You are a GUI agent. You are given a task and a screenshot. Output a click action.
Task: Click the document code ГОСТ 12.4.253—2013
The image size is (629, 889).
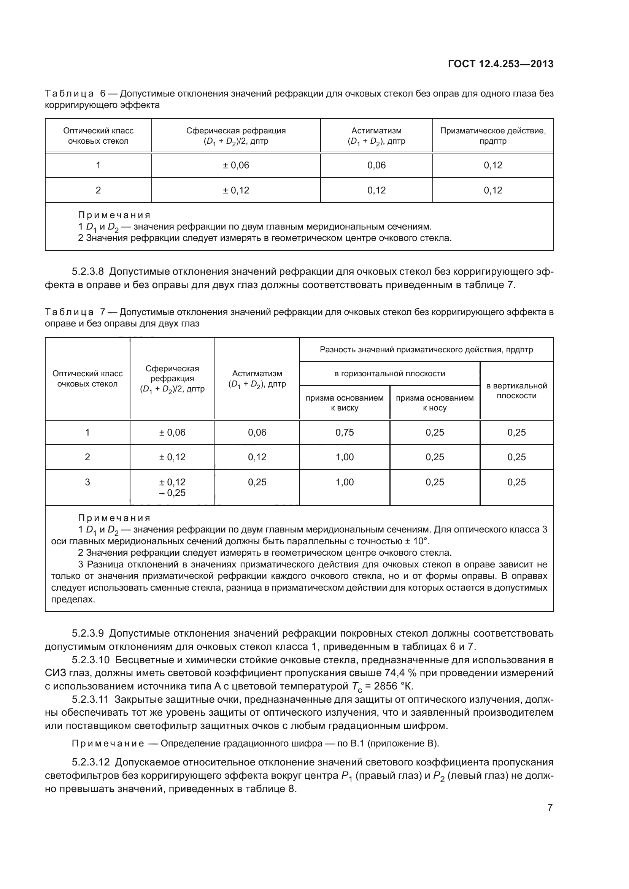tap(500, 64)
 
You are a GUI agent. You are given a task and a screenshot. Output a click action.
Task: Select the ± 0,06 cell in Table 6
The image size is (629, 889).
tap(236, 165)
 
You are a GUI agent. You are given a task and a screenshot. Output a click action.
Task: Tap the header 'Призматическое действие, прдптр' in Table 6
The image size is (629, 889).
tap(492, 136)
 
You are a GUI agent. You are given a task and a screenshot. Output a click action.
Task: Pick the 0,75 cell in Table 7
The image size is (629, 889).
tap(344, 433)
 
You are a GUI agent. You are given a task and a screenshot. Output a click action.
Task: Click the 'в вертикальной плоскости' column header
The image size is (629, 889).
tap(516, 390)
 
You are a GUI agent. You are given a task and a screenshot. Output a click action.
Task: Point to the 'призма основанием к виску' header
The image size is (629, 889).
tap(344, 403)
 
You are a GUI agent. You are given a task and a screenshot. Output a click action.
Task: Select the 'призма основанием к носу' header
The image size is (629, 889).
tap(435, 403)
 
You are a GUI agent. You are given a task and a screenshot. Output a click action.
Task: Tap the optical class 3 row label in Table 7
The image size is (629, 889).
tap(87, 482)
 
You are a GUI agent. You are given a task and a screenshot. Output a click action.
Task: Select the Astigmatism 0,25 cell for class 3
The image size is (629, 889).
tap(257, 482)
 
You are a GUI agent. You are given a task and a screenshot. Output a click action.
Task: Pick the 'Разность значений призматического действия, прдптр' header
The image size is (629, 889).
tap(426, 350)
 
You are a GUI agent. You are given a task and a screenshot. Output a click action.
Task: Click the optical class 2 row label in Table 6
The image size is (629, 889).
tap(98, 190)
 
